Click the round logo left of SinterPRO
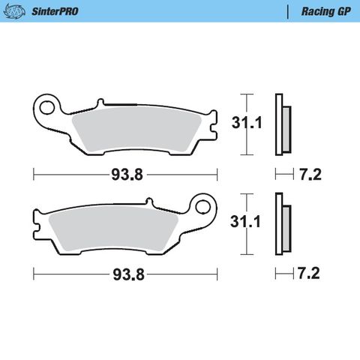[x=18, y=12]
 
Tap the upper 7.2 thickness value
[x=310, y=176]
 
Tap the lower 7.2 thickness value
[x=310, y=274]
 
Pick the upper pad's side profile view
[x=282, y=124]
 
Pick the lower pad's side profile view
[x=282, y=224]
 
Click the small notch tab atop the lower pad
[x=148, y=201]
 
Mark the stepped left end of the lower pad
[x=40, y=223]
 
